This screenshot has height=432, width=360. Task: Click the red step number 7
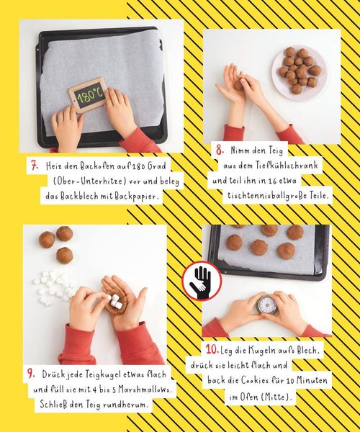(35, 166)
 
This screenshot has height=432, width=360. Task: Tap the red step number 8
(220, 150)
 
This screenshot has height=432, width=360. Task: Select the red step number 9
(31, 374)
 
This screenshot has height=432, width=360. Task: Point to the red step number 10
(212, 350)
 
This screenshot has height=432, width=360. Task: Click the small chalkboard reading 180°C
(88, 95)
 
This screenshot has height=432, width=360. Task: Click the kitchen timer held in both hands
(266, 304)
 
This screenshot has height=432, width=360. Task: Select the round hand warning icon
(202, 281)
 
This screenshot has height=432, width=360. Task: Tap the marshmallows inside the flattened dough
(114, 301)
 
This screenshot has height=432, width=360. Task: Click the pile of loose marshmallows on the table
(53, 287)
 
